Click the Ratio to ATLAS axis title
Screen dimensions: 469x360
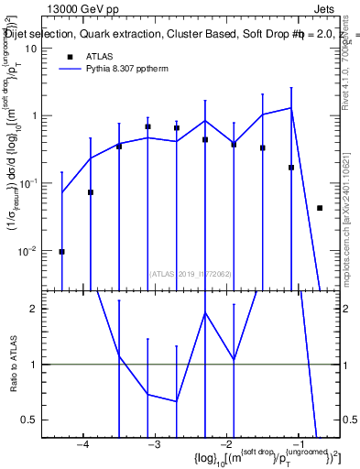pyautogui.click(x=13, y=364)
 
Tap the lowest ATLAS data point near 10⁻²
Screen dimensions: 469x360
pyautogui.click(x=61, y=251)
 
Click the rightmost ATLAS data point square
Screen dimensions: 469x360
pyautogui.click(x=320, y=208)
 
